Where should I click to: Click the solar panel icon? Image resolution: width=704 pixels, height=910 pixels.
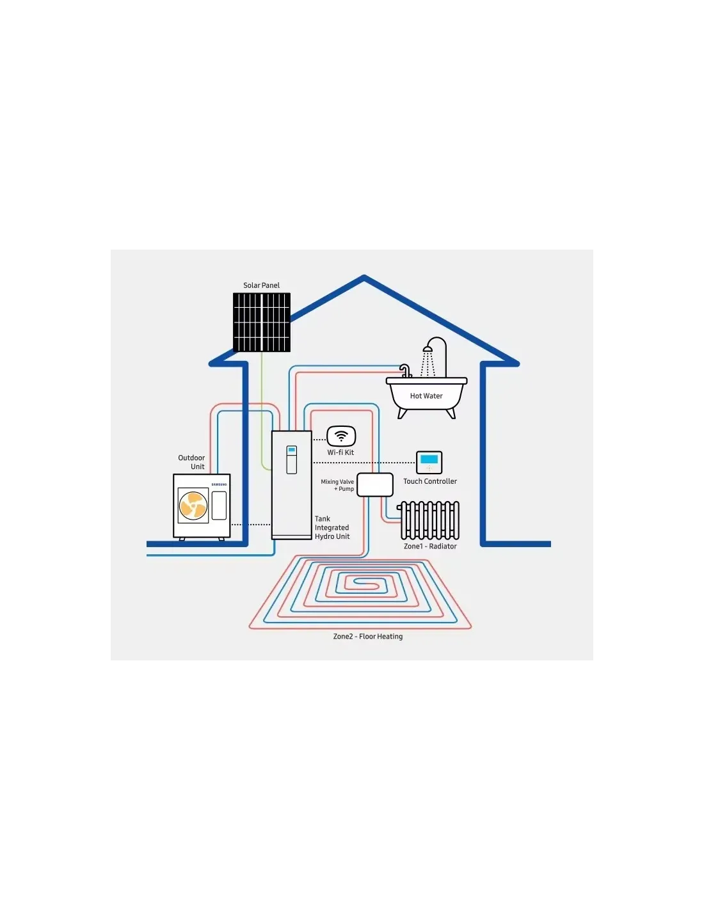(261, 322)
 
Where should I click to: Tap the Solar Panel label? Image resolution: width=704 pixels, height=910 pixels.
(261, 285)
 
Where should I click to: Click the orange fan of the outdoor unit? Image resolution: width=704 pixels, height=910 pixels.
(193, 506)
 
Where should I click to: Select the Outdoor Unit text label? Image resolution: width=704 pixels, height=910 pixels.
(191, 462)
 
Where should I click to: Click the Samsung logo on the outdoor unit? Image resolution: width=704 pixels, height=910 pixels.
(219, 484)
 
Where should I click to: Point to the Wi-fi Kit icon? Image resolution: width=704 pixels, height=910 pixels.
(341, 436)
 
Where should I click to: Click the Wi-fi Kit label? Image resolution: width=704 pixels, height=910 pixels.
(340, 452)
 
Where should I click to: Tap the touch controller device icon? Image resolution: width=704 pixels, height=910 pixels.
(429, 462)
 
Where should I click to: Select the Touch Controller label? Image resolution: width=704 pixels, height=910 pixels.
(429, 481)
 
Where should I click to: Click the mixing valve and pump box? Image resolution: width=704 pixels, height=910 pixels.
(375, 485)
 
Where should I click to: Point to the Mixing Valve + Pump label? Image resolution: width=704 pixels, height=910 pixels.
(337, 485)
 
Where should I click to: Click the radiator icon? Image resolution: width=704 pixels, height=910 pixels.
(429, 520)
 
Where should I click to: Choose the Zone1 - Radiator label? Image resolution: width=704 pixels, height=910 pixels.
(430, 546)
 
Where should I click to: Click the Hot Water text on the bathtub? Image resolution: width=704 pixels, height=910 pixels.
(426, 395)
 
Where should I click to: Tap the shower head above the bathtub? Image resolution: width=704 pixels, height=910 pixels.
(428, 348)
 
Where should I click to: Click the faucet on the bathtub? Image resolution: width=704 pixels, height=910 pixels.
(405, 371)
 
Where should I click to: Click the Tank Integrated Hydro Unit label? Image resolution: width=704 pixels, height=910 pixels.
(332, 528)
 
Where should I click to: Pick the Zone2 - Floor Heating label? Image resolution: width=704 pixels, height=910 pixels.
(368, 636)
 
